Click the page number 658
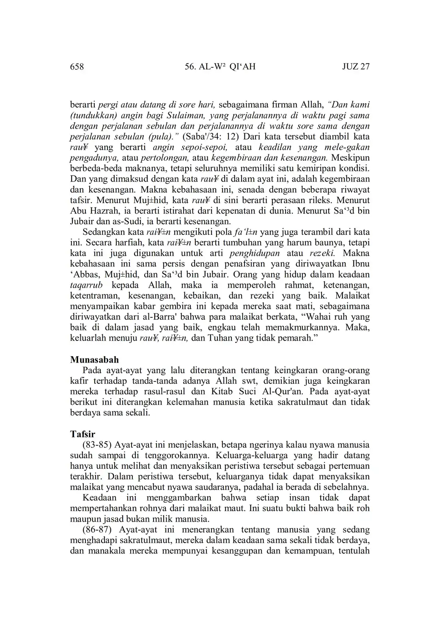[77, 67]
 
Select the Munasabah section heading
[94, 360]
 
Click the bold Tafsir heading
[82, 434]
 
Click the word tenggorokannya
[178, 456]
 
